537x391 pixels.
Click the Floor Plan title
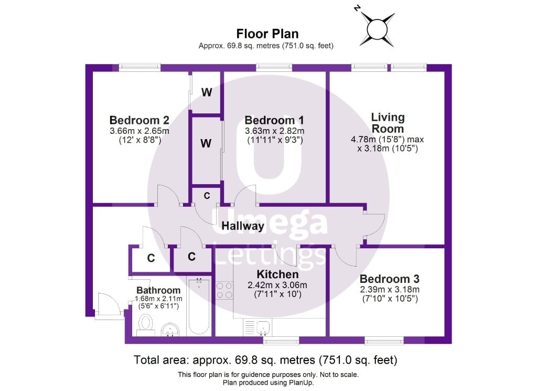tap(267, 34)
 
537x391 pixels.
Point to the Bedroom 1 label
tap(274, 120)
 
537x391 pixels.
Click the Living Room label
tap(388, 123)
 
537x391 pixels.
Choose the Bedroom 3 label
tap(389, 279)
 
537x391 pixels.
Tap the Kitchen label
tap(277, 274)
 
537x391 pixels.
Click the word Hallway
tap(242, 226)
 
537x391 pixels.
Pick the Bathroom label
tap(158, 290)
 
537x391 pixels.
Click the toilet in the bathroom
tap(146, 323)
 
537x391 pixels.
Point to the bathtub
tap(199, 307)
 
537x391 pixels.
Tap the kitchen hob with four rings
tap(225, 290)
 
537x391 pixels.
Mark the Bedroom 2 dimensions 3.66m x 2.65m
tap(139, 131)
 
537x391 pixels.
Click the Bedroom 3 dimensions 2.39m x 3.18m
tap(389, 289)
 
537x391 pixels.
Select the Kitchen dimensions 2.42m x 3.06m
tap(277, 285)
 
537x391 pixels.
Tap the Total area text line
tap(265, 360)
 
